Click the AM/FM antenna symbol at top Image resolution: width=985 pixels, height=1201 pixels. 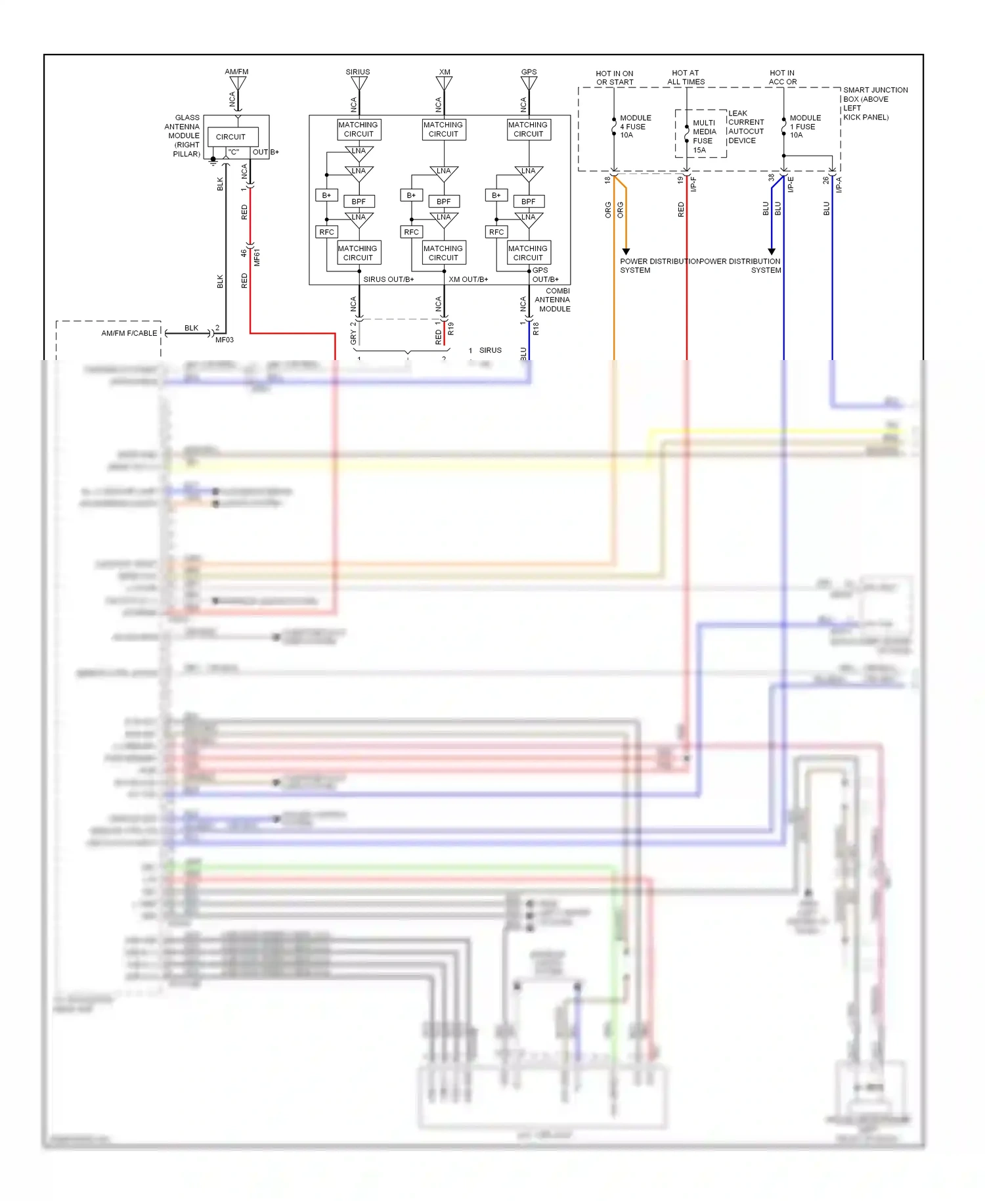[238, 83]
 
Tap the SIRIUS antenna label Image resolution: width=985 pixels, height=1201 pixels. [358, 72]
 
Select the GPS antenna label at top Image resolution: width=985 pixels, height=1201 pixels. [529, 72]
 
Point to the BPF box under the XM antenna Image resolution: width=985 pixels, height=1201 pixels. [443, 202]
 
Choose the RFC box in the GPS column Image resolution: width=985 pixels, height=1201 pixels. [496, 232]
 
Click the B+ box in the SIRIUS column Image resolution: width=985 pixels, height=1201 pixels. [326, 195]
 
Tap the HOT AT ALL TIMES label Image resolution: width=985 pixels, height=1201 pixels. [686, 78]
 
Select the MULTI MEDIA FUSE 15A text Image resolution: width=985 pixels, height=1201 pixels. [703, 136]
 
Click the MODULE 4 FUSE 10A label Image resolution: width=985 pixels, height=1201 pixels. [635, 126]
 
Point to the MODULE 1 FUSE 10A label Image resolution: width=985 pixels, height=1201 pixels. [804, 126]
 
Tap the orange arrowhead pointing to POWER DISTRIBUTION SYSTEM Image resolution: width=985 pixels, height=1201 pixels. [626, 252]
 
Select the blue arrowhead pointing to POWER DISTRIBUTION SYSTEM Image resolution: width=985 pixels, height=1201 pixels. [772, 252]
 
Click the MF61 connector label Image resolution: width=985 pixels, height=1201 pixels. [257, 257]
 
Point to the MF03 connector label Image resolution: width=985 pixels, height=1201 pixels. [225, 340]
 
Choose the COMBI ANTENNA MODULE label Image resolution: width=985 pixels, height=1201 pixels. [554, 300]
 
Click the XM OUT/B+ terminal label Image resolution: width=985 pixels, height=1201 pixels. [468, 279]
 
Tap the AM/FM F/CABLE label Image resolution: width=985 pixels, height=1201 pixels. [129, 333]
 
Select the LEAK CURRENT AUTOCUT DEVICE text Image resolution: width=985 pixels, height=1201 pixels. [745, 127]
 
